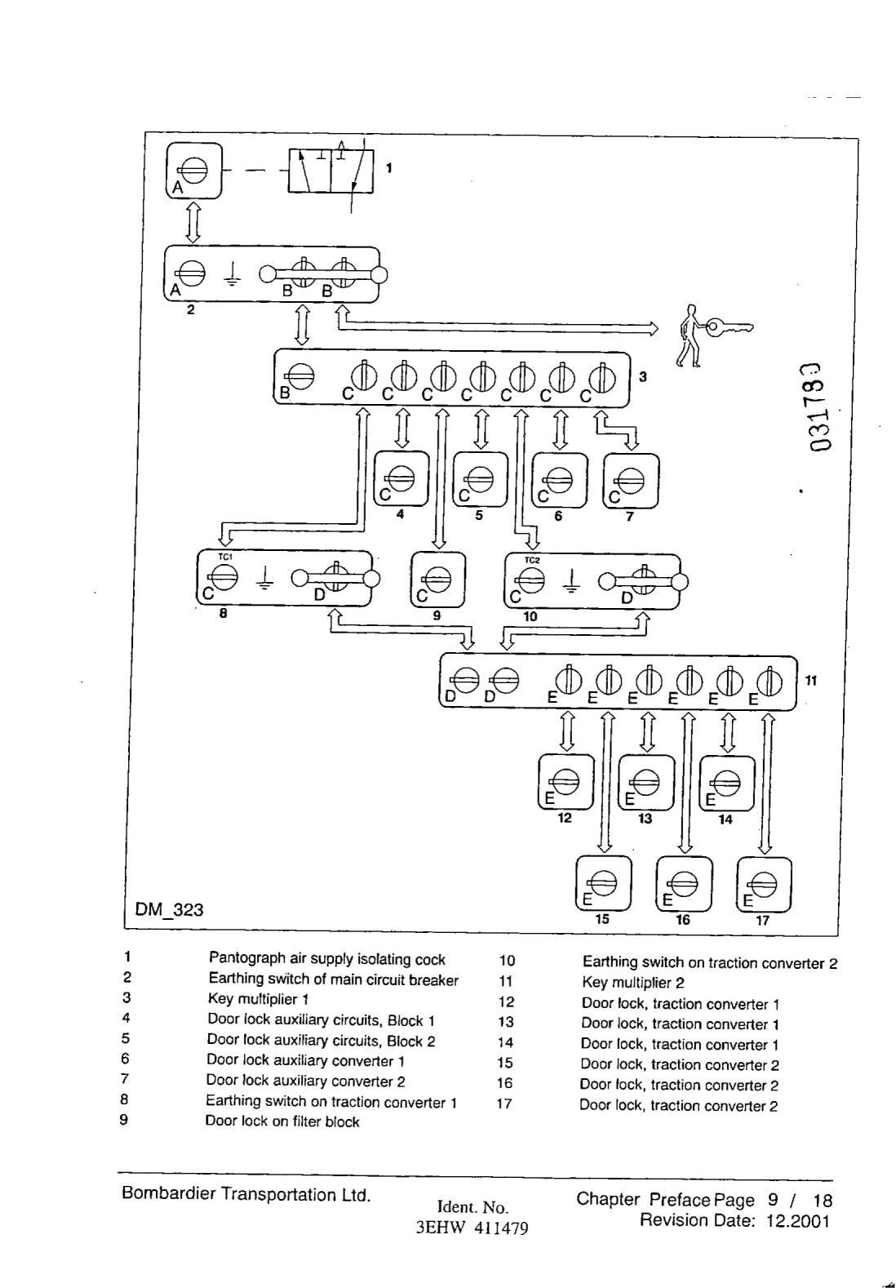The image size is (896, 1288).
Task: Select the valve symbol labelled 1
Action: point(330,171)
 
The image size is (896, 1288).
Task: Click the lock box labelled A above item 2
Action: point(193,171)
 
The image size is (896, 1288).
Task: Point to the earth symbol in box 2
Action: point(233,274)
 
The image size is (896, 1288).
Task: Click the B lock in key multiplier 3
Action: point(301,377)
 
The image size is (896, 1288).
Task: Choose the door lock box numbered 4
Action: point(401,479)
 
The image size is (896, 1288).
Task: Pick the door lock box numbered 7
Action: point(631,481)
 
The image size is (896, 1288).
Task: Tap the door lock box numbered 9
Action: point(438,580)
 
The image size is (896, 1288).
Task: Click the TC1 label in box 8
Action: point(224,557)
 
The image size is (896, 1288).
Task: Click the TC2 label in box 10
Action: point(532,560)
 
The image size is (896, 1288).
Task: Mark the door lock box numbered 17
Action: point(764,884)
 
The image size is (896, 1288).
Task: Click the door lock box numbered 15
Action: point(604,883)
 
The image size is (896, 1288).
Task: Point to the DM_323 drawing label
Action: point(169,909)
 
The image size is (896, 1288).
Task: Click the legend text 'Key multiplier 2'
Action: point(632,983)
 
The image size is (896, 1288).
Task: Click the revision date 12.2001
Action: point(798,1220)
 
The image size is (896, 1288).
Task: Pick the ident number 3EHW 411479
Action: point(472,1228)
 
